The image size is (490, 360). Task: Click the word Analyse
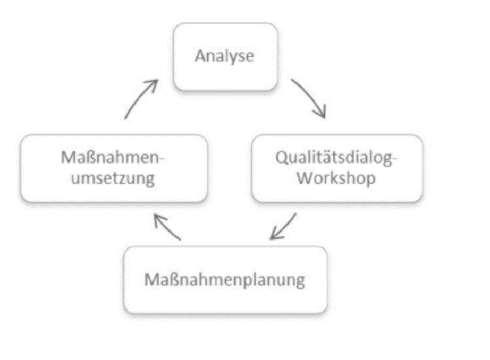tap(224, 56)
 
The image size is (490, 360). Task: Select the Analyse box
tap(226, 57)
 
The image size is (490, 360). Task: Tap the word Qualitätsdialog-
tap(336, 158)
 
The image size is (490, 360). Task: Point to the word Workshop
tap(336, 178)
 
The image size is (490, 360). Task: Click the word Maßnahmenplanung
tap(224, 280)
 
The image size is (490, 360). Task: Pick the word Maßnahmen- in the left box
tap(113, 157)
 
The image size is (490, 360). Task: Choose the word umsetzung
tap(113, 178)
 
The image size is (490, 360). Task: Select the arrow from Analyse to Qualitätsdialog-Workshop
tap(311, 97)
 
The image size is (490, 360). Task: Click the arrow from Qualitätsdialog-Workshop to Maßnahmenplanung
tap(283, 227)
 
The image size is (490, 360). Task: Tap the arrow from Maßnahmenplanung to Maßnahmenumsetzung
tap(167, 227)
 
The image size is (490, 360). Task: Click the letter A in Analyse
tap(200, 56)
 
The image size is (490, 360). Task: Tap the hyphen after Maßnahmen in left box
tap(162, 159)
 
